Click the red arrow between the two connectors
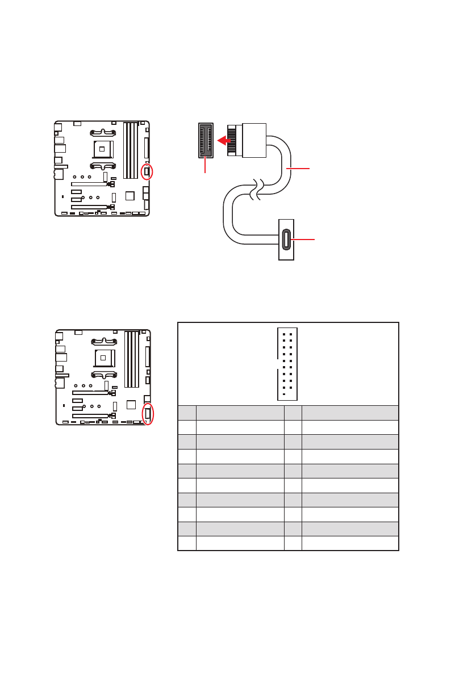click(x=227, y=140)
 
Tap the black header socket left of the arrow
click(x=205, y=140)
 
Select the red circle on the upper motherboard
click(x=147, y=171)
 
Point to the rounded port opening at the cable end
click(x=286, y=240)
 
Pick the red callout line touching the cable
click(x=299, y=169)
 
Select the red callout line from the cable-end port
click(x=304, y=240)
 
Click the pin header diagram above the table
click(x=287, y=363)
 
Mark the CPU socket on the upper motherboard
click(x=102, y=149)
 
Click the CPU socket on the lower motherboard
click(x=102, y=358)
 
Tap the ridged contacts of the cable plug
click(x=233, y=140)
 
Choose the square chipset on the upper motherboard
click(x=130, y=196)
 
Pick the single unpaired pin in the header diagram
click(x=283, y=394)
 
